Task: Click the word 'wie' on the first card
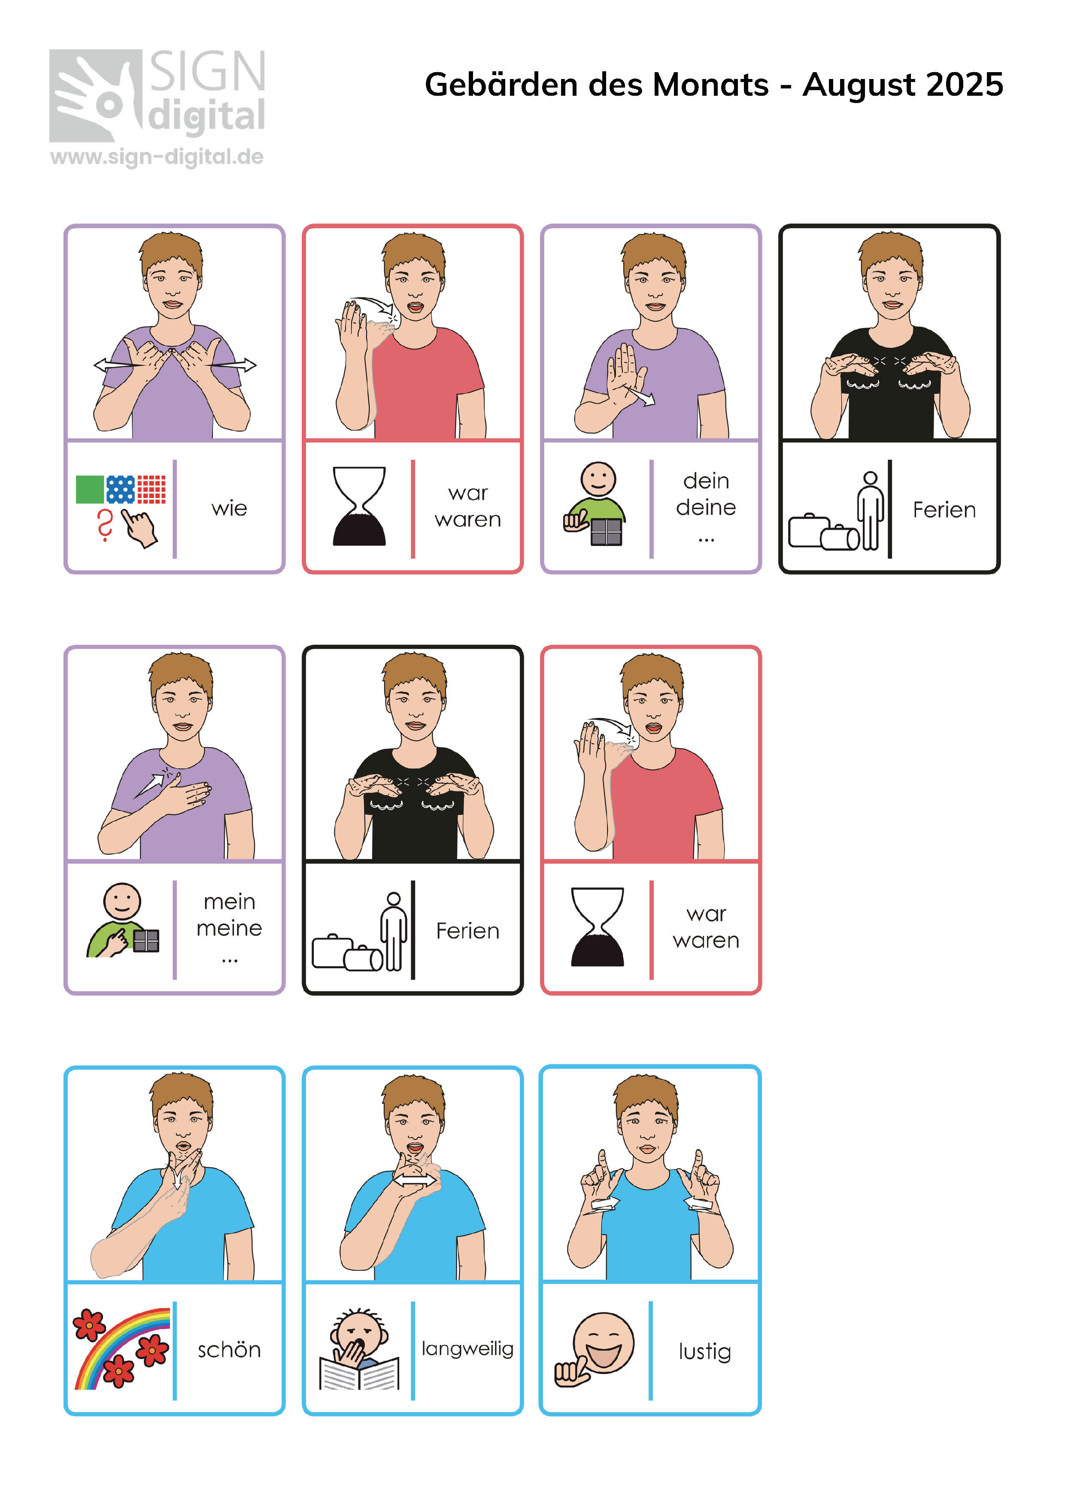coord(229,508)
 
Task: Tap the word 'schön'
coord(229,1349)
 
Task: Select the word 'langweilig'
coord(467,1349)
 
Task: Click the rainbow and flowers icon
coord(121,1348)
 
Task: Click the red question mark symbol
coord(104,525)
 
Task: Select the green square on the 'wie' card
coord(90,489)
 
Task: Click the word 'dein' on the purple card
coord(706,481)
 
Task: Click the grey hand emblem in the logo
coord(96,96)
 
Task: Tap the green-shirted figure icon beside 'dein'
coord(595,504)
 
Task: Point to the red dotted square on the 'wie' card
coord(152,489)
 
